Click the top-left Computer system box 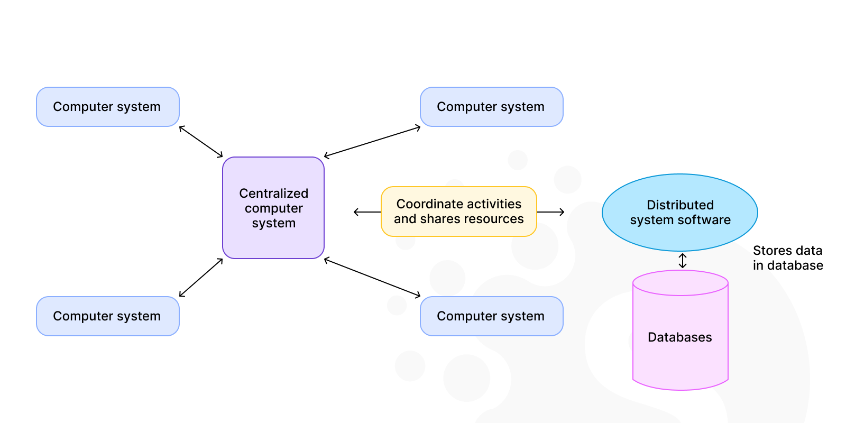[107, 107]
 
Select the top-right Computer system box [491, 107]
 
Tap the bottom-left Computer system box [107, 316]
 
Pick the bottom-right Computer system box [491, 316]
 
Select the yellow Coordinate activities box [458, 212]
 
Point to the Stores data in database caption [787, 258]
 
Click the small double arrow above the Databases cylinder [683, 261]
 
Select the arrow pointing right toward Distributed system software [550, 212]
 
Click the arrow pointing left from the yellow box [367, 212]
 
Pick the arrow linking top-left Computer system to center [201, 142]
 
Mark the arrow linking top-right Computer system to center [372, 142]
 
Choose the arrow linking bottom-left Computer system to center [201, 278]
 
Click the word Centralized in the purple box [273, 194]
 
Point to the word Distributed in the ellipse [680, 205]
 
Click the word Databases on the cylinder [680, 337]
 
